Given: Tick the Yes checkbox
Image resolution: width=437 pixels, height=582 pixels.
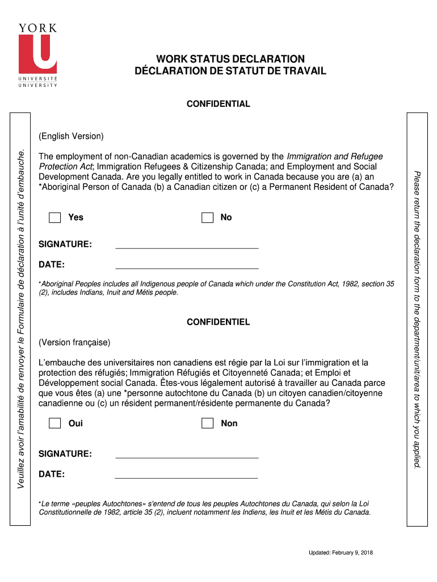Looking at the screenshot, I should pos(54,218).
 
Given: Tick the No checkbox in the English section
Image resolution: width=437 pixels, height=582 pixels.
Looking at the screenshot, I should pos(207,218).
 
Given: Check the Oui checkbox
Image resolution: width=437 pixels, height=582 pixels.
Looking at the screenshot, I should pos(54,423).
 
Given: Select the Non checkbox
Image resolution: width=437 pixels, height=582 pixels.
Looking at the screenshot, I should pos(207,423).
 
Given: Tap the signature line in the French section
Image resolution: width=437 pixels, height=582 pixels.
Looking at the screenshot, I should pos(187,456).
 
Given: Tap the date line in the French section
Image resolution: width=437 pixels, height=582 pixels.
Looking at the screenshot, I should pos(187,476).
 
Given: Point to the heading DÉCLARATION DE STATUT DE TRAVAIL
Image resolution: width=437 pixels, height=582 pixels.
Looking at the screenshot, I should pos(230,71).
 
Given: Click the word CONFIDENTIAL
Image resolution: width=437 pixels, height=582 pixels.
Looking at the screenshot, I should pos(218,104).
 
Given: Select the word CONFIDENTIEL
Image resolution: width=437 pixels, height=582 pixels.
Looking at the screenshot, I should pos(218,322).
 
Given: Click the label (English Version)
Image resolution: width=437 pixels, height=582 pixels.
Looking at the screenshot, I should pos(71,136).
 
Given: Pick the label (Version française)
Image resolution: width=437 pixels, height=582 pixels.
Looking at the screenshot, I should pos(74,343).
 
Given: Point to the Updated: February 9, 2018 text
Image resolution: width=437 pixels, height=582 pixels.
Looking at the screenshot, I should pos(341,553).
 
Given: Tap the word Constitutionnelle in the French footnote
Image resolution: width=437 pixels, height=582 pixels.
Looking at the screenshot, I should pos(64,512).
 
